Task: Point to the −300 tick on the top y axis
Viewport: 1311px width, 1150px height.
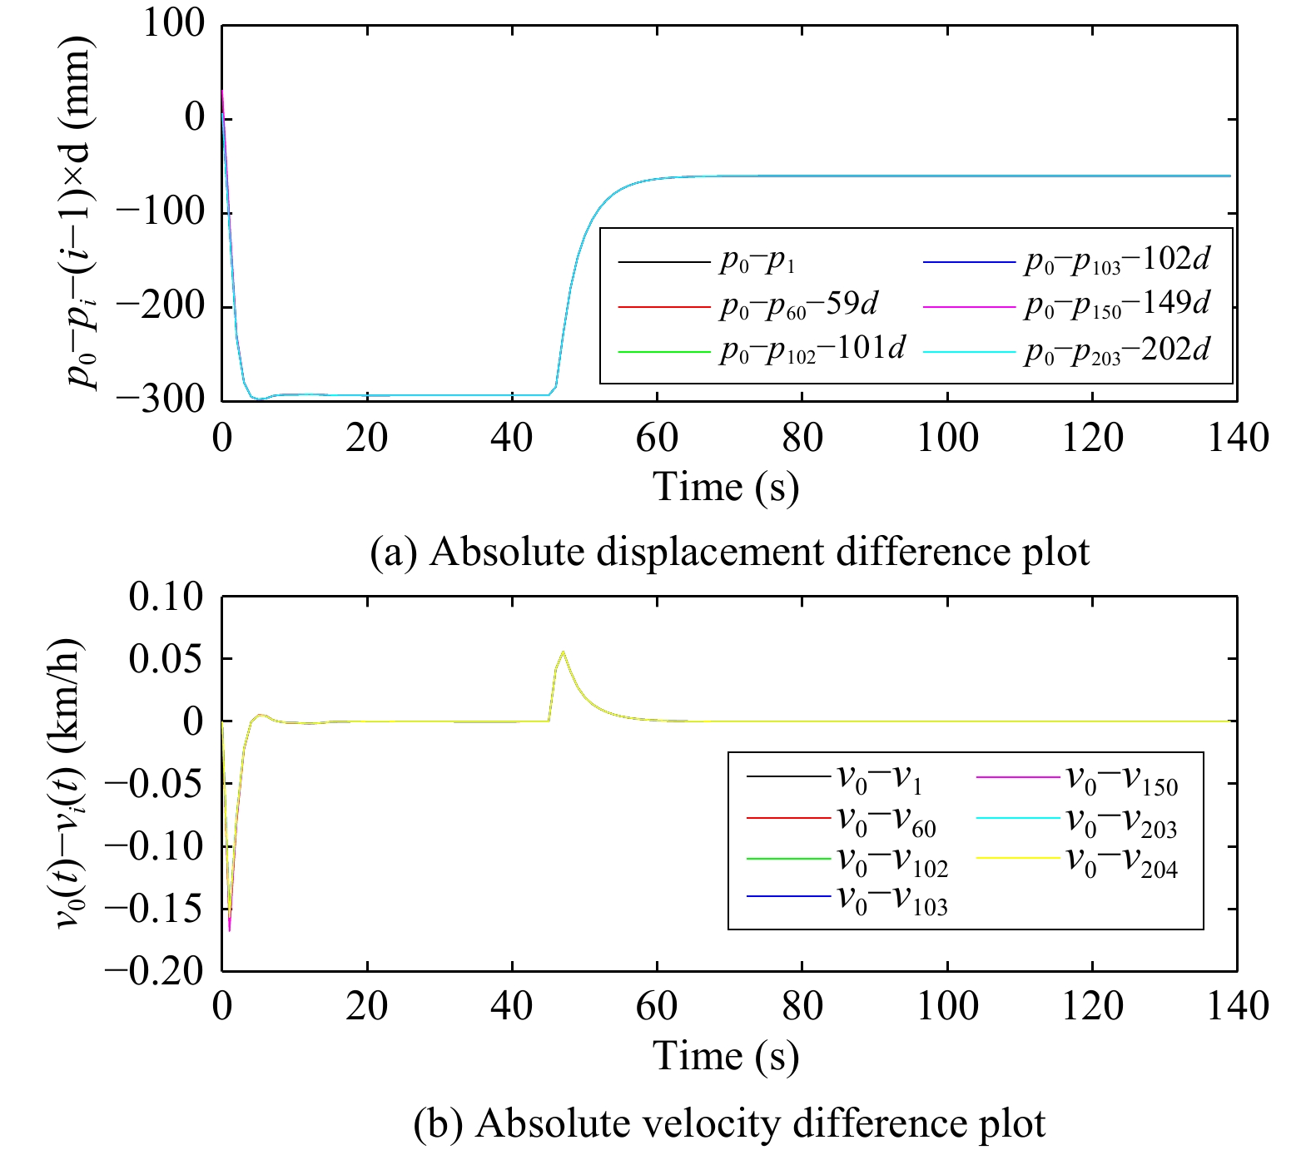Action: (x=160, y=399)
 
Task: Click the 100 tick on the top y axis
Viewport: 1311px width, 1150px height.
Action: (x=173, y=24)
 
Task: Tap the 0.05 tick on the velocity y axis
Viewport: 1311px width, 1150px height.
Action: (x=166, y=658)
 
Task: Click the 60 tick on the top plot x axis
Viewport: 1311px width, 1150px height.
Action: (x=657, y=438)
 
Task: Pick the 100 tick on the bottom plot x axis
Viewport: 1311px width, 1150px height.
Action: (x=947, y=1007)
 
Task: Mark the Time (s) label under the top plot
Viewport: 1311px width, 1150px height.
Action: (x=726, y=487)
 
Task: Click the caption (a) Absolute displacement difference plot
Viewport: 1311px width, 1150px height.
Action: (x=729, y=553)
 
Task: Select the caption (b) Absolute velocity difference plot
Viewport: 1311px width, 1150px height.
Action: (x=729, y=1123)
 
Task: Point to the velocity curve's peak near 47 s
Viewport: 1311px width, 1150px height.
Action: (x=564, y=652)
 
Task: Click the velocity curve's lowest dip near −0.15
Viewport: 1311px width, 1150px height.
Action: (x=229, y=928)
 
